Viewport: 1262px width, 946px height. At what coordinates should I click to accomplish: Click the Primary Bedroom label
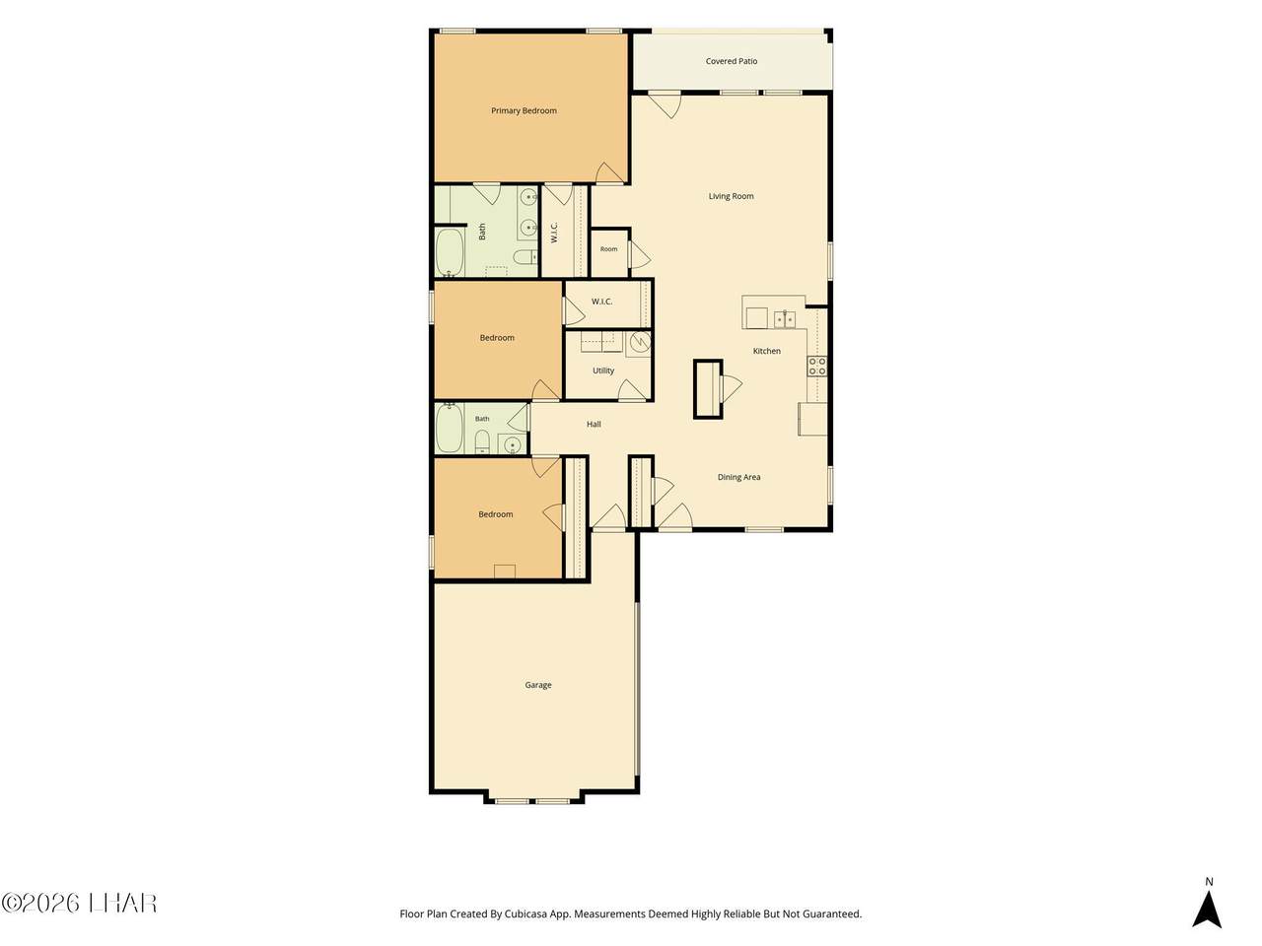tap(524, 110)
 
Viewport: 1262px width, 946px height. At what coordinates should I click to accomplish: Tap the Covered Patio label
tap(731, 61)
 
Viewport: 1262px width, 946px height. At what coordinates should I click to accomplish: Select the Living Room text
tap(731, 196)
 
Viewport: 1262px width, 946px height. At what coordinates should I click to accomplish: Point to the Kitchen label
tap(766, 351)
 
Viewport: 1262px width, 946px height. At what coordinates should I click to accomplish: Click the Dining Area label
tap(738, 477)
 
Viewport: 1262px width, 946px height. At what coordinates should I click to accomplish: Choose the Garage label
tap(537, 685)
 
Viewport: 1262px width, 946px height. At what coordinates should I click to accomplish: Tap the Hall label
tap(594, 424)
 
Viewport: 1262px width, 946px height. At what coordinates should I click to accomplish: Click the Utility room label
tap(603, 371)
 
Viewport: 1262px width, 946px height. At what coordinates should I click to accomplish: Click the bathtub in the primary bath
tap(449, 252)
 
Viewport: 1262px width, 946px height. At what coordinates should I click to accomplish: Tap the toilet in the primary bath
tap(525, 257)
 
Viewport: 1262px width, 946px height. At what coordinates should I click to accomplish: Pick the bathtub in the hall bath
tap(449, 428)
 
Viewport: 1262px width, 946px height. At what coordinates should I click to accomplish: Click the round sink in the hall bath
tap(511, 444)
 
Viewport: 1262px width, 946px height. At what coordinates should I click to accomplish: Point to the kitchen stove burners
tap(816, 366)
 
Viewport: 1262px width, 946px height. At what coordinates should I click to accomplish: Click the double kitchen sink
tap(784, 318)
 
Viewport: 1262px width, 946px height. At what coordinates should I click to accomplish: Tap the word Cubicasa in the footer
tap(525, 913)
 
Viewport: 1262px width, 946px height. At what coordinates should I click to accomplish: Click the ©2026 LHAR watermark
tap(79, 904)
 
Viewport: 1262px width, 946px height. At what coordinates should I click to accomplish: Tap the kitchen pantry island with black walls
tap(707, 389)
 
